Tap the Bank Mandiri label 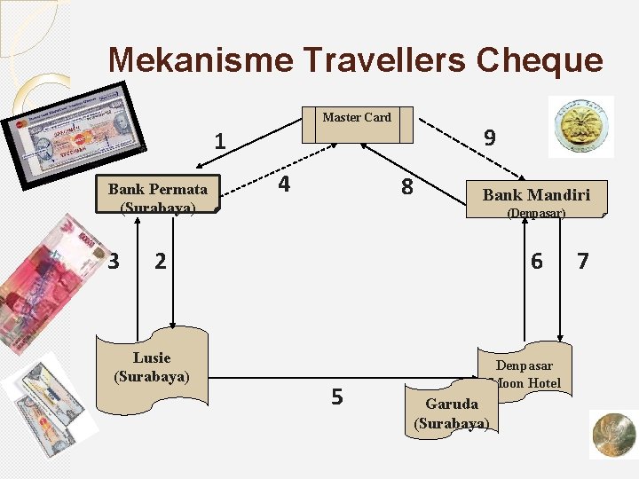[535, 195]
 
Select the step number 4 [283, 185]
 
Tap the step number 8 [406, 187]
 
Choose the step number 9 [490, 137]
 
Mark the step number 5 [336, 397]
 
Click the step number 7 [583, 261]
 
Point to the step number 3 [113, 261]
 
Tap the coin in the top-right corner [580, 127]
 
